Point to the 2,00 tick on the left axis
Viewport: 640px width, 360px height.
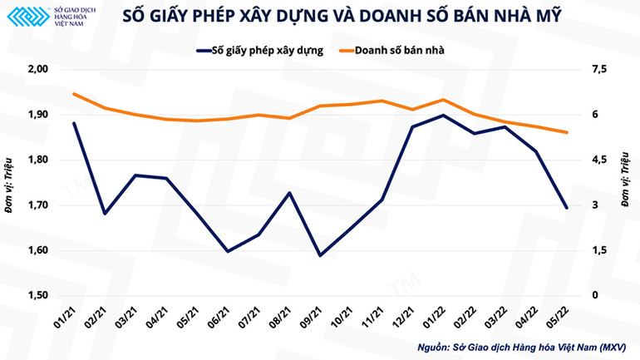(x=38, y=70)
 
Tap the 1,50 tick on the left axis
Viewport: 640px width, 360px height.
(x=38, y=296)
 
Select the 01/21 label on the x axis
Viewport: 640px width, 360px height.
(x=67, y=318)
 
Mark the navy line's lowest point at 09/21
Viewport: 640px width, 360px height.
(x=320, y=255)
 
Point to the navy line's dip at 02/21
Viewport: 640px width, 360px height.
(x=105, y=214)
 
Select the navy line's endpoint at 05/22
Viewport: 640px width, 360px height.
(x=566, y=208)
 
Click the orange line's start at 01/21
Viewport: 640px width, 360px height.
(x=74, y=94)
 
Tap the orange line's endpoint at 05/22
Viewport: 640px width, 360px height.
(x=566, y=132)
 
